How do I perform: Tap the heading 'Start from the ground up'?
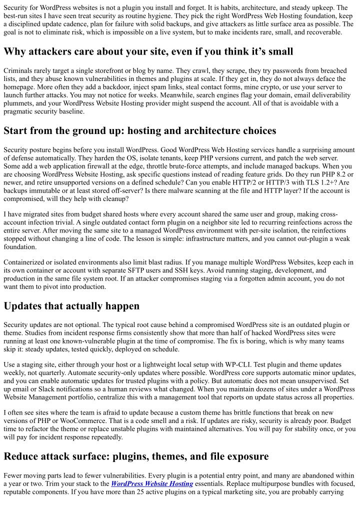click(139, 131)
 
